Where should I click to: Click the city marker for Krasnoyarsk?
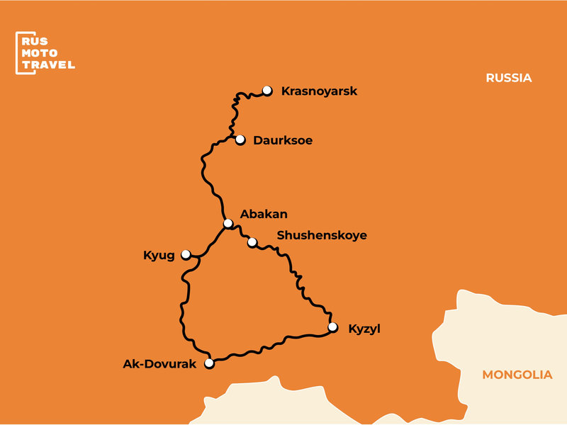click(267, 91)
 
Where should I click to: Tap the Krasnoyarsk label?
click(319, 91)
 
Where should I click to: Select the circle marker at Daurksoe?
click(240, 140)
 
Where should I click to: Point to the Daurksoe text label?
click(283, 141)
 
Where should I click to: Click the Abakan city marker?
click(228, 223)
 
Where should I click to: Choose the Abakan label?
click(264, 213)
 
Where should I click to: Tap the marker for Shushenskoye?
click(252, 242)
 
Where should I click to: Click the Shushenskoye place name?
click(322, 235)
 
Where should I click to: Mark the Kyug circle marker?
click(186, 254)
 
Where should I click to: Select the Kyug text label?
click(159, 255)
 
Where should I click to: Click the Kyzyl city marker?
click(332, 327)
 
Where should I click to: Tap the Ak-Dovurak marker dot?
click(209, 363)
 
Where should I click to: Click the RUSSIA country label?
click(508, 78)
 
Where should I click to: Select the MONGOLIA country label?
click(517, 375)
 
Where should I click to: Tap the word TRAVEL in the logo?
click(49, 65)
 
